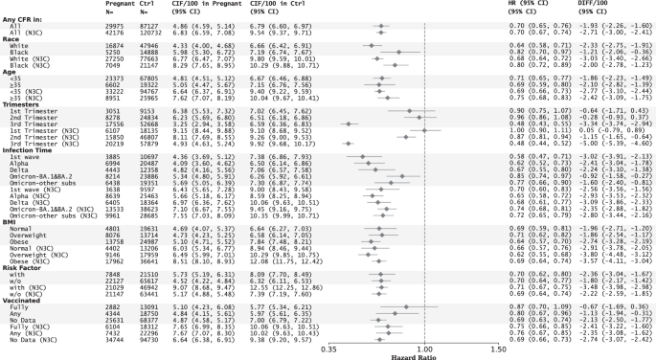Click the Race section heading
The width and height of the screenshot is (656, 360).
[x=11, y=43]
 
